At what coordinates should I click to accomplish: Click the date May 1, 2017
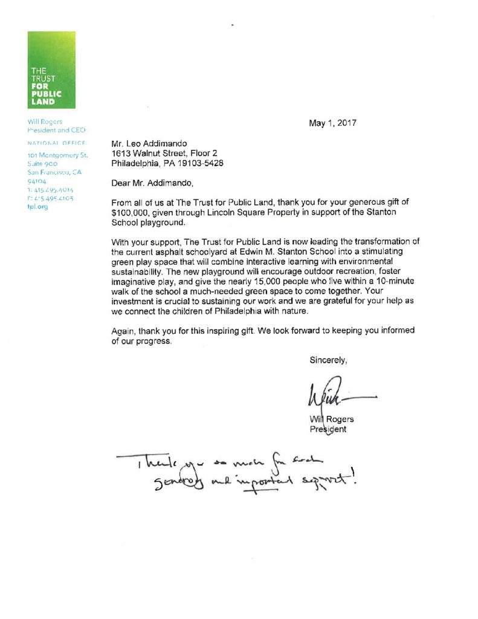[332, 123]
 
